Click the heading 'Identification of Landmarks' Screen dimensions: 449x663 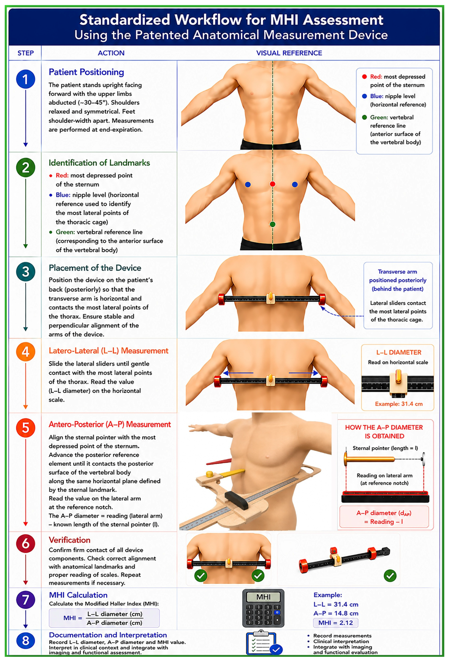click(x=99, y=163)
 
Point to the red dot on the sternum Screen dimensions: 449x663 click(x=272, y=184)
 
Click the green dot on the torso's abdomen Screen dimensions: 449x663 click(x=272, y=224)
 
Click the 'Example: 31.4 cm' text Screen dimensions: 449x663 click(x=398, y=404)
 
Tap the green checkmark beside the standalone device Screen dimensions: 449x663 click(x=390, y=576)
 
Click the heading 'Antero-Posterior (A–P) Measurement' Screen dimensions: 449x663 click(x=110, y=424)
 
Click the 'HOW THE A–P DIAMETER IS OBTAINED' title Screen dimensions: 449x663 click(x=384, y=432)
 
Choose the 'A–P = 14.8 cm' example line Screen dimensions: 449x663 click(x=336, y=613)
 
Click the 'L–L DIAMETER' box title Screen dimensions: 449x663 click(x=398, y=352)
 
